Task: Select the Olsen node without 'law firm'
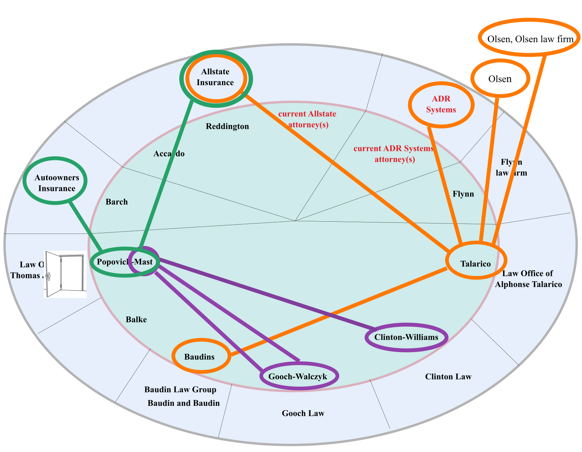click(500, 78)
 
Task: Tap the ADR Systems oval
click(441, 104)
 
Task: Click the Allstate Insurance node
click(215, 77)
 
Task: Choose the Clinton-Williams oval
click(406, 337)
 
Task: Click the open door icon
click(65, 274)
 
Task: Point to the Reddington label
click(227, 126)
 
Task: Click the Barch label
click(117, 202)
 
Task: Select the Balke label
click(136, 320)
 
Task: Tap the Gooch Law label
click(303, 413)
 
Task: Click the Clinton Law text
click(448, 377)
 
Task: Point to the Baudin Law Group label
click(180, 390)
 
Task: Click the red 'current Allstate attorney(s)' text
click(307, 119)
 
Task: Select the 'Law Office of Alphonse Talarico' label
click(528, 279)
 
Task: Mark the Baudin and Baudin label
click(184, 403)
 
